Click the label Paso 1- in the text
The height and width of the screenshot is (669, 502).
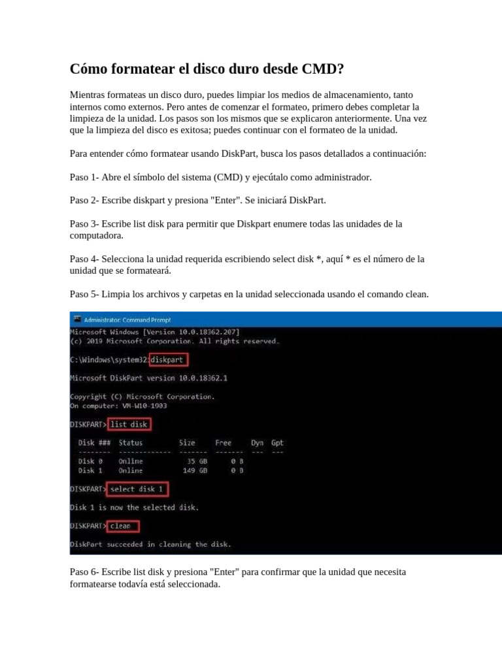point(84,178)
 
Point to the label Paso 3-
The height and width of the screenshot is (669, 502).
point(84,224)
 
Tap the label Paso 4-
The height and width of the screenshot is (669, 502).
point(84,259)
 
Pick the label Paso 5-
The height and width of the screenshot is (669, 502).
point(84,295)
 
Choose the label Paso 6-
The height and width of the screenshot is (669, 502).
point(84,572)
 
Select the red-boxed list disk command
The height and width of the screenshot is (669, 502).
point(129,424)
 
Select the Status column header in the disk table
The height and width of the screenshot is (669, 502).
point(131,443)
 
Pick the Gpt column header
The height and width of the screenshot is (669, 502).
point(277,443)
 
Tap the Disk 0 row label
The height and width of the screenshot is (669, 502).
point(90,461)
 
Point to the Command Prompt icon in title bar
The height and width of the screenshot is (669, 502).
point(77,320)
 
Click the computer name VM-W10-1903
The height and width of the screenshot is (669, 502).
point(144,405)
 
